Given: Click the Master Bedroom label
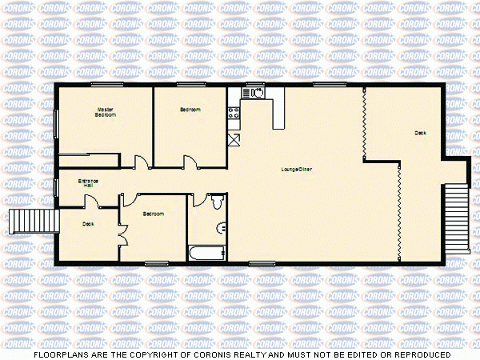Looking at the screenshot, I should [x=106, y=112].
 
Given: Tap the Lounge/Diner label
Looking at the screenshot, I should [x=296, y=169].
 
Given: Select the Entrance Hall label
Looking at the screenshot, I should [x=88, y=183].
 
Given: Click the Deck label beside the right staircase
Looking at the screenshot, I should [x=420, y=133].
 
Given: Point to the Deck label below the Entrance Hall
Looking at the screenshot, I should [x=88, y=224].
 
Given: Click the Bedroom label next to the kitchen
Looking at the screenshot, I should [x=190, y=110].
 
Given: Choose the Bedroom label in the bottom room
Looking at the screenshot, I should [x=154, y=214].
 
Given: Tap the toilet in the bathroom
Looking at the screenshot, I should [x=216, y=201].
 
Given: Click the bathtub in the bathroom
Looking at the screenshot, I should [x=206, y=254].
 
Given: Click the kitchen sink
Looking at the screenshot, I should [x=258, y=93].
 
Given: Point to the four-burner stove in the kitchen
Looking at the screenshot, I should [x=234, y=113].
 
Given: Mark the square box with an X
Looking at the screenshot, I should [x=234, y=140].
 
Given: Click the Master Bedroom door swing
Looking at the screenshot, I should [x=141, y=163].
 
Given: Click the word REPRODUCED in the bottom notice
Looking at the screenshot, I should [x=422, y=354].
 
